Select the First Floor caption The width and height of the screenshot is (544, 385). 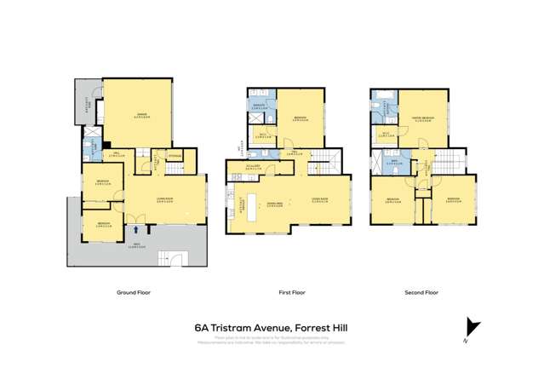291,292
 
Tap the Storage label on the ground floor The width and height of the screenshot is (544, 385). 174,156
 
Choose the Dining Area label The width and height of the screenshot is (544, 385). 273,204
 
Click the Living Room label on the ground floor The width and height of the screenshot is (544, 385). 165,199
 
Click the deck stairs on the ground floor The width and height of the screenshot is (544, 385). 174,259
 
